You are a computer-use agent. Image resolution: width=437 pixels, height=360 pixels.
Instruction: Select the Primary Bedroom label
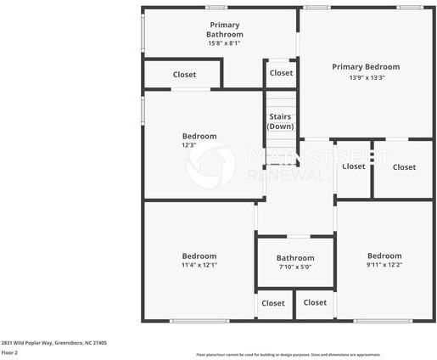(x=365, y=66)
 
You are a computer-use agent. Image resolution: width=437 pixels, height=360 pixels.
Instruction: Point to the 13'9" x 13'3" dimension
(x=367, y=77)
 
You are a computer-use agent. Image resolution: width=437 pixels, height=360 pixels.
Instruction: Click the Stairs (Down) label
(x=280, y=121)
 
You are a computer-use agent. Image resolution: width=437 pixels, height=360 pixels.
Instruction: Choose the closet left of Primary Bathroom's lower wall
(x=184, y=75)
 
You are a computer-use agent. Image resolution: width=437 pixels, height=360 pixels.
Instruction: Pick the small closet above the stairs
(x=281, y=73)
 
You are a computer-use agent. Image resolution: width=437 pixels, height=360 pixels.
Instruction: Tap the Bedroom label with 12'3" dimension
(x=199, y=136)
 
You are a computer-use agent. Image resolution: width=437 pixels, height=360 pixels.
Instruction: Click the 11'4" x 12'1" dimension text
(x=199, y=265)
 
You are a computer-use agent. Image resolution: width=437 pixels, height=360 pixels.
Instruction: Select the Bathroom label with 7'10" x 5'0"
(x=295, y=258)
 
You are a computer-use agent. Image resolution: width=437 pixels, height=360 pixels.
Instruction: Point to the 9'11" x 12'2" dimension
(x=384, y=265)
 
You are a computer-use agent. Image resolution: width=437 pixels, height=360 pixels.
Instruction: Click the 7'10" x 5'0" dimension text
(x=295, y=267)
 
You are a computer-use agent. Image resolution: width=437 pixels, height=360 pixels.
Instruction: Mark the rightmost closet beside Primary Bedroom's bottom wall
(x=404, y=167)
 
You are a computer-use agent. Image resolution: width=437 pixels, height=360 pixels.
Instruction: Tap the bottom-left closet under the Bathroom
(x=272, y=303)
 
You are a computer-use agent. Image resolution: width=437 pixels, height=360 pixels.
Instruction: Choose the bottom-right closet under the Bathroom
(x=315, y=302)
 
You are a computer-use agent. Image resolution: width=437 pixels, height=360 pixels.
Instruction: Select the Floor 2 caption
(x=10, y=352)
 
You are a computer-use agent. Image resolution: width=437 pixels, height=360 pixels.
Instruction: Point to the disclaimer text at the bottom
(x=289, y=354)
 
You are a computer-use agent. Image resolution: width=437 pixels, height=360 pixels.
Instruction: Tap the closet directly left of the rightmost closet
(x=353, y=166)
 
